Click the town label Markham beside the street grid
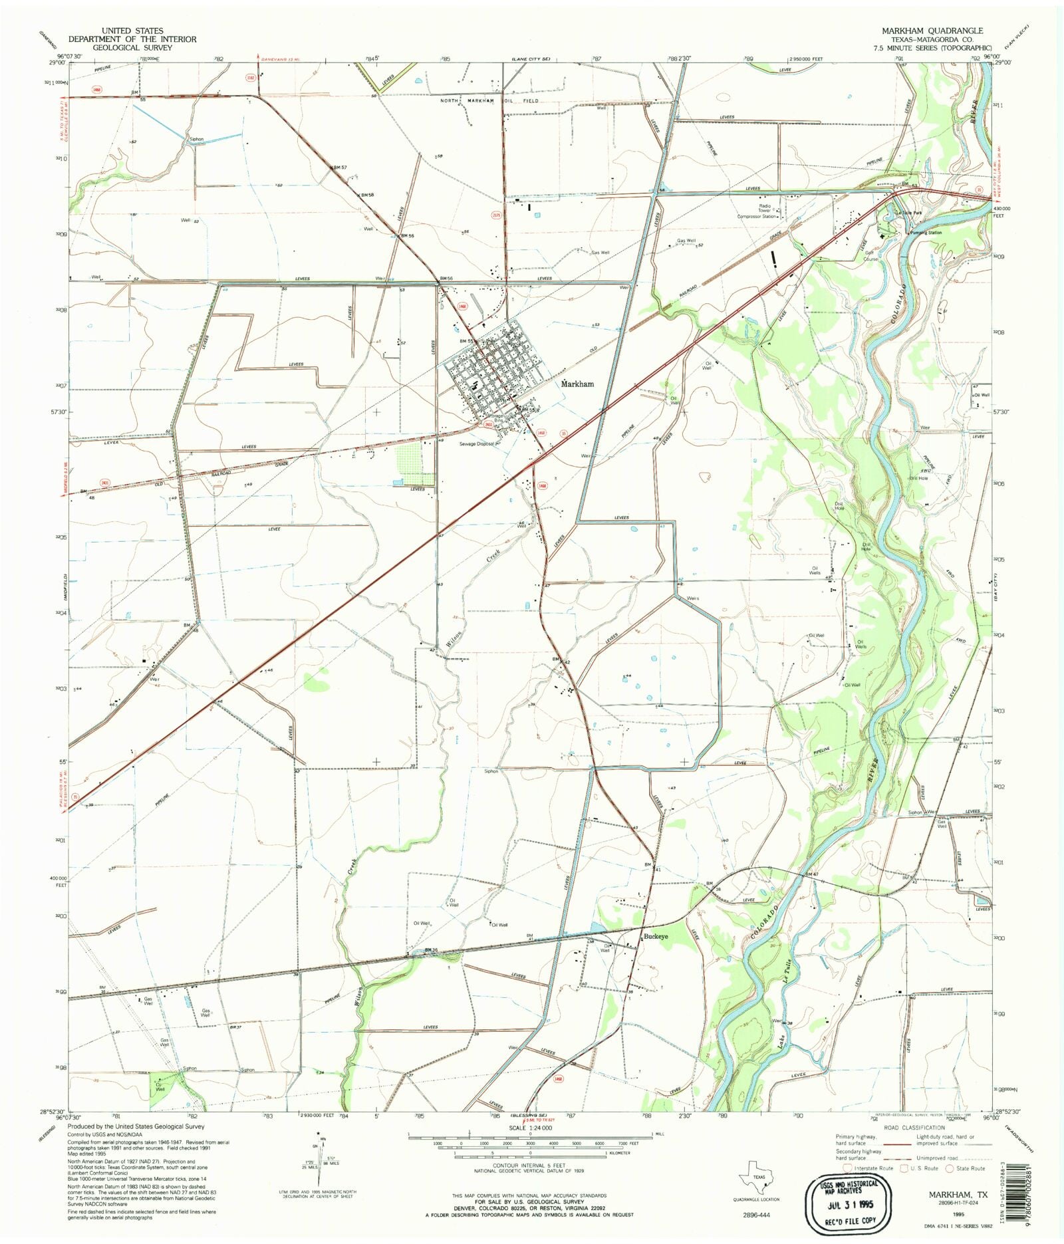pyautogui.click(x=578, y=384)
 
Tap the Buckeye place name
pyautogui.click(x=654, y=936)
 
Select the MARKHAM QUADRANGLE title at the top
pyautogui.click(x=932, y=31)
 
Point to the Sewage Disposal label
pyautogui.click(x=476, y=443)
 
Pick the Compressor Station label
pyautogui.click(x=757, y=216)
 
